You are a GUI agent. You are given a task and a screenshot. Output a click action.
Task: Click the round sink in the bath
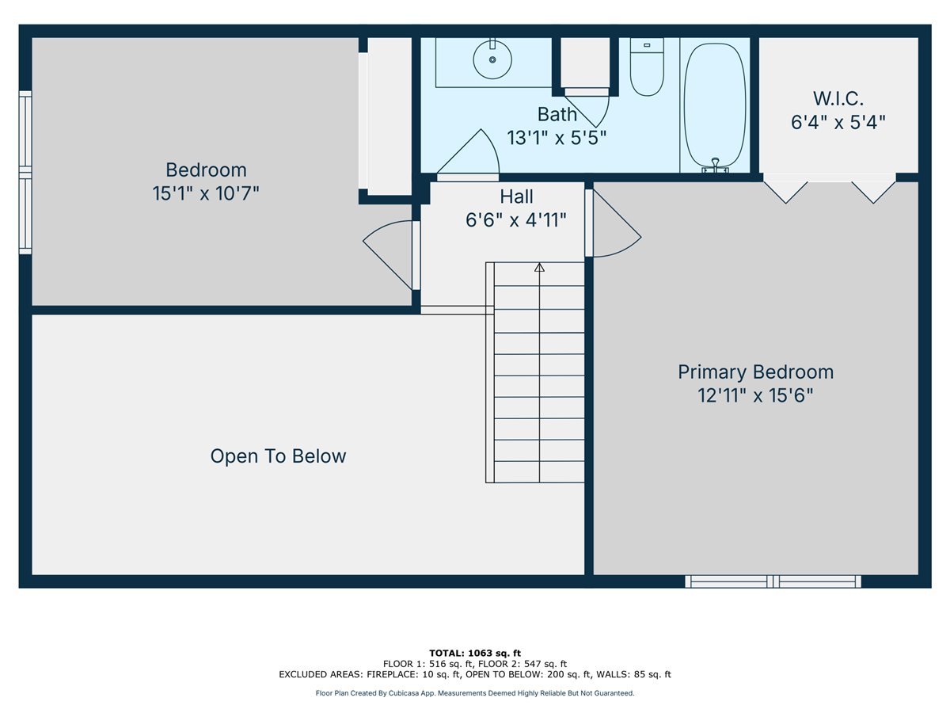coord(492,59)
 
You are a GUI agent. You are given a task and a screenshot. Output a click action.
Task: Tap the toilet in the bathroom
coord(647,67)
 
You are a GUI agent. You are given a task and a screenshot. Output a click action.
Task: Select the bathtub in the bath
coord(715,105)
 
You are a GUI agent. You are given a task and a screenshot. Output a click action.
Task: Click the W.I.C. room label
coord(838,99)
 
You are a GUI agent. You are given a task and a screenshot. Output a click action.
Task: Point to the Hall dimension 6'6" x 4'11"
coord(516,220)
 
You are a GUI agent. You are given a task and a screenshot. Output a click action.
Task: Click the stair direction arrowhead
coord(539,267)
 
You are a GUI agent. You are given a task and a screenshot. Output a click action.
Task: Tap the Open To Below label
coord(279,456)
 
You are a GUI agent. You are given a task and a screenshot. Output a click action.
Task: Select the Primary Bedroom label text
coord(756,372)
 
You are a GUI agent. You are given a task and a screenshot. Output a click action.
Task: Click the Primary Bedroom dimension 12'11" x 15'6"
coord(755,395)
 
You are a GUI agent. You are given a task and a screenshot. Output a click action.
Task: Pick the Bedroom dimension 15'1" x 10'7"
coord(206,193)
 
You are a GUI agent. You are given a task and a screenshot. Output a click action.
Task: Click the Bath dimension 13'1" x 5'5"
coord(557,138)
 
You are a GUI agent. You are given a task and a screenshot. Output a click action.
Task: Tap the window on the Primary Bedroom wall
coord(773,581)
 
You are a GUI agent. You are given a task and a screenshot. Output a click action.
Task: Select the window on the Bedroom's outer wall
coord(25,172)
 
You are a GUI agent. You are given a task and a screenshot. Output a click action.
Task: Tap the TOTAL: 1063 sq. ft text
coord(475,653)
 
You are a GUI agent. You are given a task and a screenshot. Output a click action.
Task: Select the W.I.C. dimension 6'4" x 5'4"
coord(838,122)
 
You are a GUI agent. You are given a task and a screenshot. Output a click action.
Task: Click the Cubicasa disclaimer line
coord(475,693)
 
